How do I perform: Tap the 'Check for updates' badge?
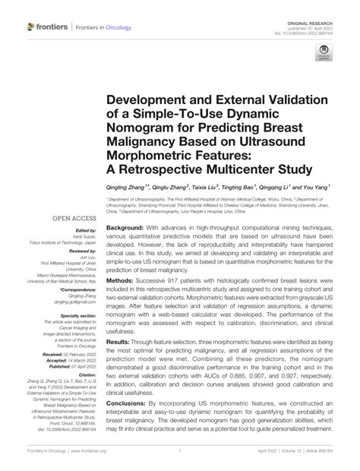click(323, 55)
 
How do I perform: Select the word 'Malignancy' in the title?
click(149, 143)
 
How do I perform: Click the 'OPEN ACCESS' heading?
click(75, 218)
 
